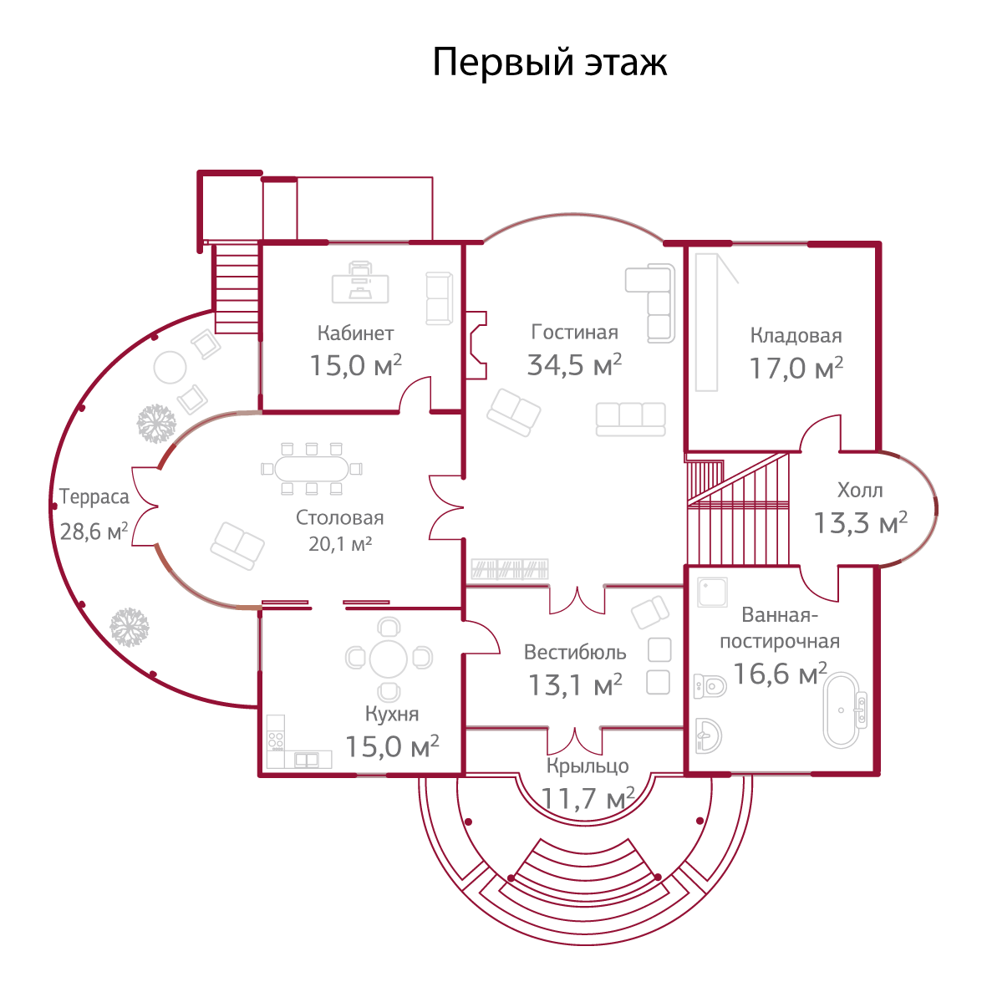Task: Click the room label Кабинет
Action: click(x=355, y=333)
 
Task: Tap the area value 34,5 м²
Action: click(x=574, y=365)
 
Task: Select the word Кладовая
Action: click(x=796, y=336)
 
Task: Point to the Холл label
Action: click(x=860, y=491)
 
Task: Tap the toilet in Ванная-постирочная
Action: click(x=710, y=686)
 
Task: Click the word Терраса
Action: click(x=94, y=497)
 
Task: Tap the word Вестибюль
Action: click(x=575, y=651)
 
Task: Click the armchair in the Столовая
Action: click(x=237, y=546)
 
